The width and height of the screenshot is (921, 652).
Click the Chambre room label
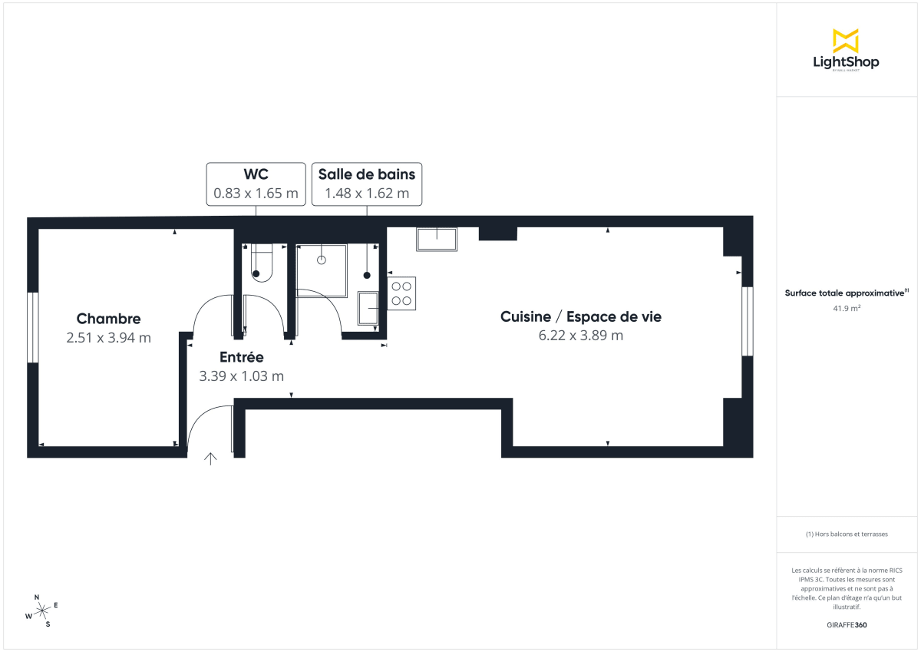click(x=108, y=319)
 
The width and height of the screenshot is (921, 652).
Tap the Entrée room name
click(x=241, y=357)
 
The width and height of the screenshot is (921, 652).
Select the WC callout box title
click(x=256, y=174)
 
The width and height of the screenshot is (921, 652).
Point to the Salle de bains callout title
click(x=366, y=174)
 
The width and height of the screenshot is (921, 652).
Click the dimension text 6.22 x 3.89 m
click(x=581, y=336)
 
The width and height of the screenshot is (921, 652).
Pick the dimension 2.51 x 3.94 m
click(x=108, y=337)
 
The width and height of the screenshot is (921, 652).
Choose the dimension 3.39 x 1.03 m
click(x=241, y=376)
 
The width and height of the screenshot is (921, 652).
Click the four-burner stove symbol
click(x=402, y=293)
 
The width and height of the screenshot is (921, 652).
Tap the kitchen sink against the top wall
click(x=437, y=239)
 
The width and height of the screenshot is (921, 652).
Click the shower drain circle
click(x=322, y=260)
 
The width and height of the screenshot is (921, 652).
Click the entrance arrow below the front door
click(x=210, y=458)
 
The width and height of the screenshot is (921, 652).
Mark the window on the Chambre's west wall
click(x=32, y=327)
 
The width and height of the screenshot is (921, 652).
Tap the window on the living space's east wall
click(x=746, y=321)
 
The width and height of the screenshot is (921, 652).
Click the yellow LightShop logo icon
click(x=845, y=41)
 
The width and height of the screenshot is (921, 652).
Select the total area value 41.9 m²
click(x=846, y=308)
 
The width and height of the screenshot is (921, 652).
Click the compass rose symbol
click(x=42, y=611)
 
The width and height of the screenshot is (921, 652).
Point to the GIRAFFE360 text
click(x=846, y=624)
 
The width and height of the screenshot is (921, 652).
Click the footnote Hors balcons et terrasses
click(x=846, y=534)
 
